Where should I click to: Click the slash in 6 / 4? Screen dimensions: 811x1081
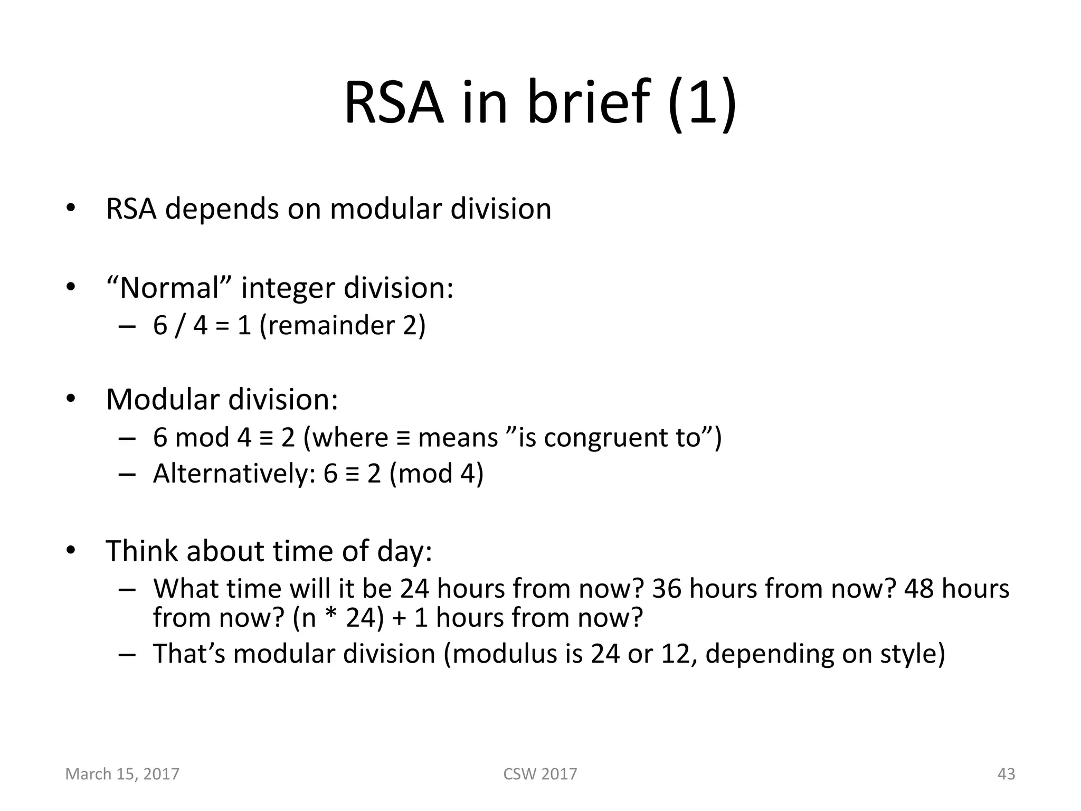181,325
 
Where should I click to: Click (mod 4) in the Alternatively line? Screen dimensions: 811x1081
436,473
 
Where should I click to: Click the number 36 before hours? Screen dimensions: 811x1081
667,588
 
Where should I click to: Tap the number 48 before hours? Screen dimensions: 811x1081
919,588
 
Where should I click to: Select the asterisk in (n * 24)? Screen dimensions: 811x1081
331,616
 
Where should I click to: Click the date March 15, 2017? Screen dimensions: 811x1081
122,774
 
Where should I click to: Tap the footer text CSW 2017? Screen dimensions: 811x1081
540,774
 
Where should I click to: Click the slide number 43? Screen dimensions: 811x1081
1006,774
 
